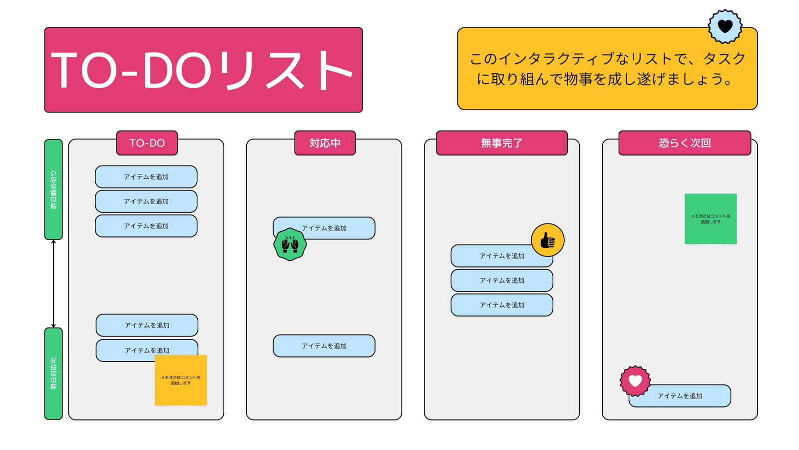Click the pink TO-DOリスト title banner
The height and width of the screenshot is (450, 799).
(x=204, y=70)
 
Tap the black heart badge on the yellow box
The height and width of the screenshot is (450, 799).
(x=725, y=26)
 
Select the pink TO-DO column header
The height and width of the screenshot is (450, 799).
(x=147, y=143)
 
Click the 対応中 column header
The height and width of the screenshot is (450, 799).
(x=325, y=143)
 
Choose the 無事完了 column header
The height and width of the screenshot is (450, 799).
(x=502, y=143)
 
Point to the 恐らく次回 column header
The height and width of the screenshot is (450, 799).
(x=685, y=143)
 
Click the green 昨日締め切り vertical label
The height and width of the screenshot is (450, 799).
(x=53, y=189)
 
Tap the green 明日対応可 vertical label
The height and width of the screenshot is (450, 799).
(x=53, y=373)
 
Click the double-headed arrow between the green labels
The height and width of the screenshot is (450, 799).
(x=53, y=284)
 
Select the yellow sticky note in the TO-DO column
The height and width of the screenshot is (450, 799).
(x=181, y=380)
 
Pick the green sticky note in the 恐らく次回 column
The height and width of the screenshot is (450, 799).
(x=711, y=219)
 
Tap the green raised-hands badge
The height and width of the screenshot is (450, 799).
(x=290, y=244)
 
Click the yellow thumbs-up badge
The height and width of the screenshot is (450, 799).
(x=548, y=240)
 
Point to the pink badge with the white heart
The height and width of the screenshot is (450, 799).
(x=635, y=381)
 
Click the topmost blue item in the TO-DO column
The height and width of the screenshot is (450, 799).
(x=146, y=177)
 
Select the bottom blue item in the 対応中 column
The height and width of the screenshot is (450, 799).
(x=324, y=345)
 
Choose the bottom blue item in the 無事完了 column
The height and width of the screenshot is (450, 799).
(x=502, y=305)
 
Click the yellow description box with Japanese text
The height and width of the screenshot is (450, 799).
(x=607, y=68)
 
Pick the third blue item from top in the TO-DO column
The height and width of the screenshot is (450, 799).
(x=146, y=225)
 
